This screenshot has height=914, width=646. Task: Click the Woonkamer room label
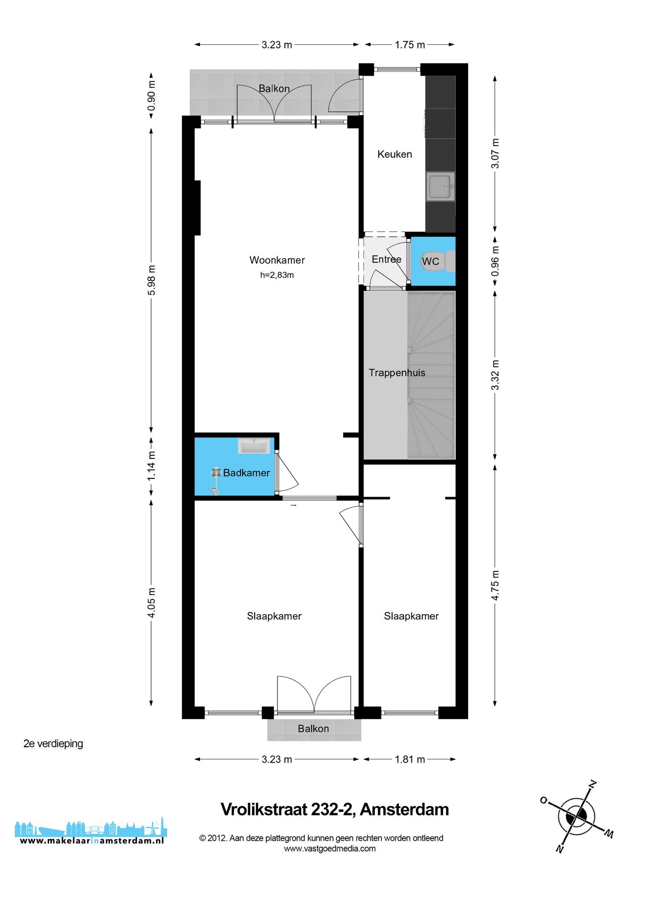pos(277,260)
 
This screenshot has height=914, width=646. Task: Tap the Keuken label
pos(395,154)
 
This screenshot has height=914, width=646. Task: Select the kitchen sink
pos(440,187)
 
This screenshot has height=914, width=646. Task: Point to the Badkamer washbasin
pos(254,446)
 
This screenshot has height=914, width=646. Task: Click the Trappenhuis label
pos(397,373)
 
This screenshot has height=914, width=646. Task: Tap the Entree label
pos(386,259)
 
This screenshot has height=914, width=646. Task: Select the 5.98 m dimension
pos(152,280)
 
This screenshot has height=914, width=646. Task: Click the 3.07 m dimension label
pos(495,153)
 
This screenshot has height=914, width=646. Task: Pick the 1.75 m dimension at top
pos(410,45)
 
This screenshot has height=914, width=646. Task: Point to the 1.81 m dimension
pos(410,759)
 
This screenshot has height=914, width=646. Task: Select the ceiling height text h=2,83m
pos(277,275)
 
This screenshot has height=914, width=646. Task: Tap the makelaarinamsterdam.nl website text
pos(92,841)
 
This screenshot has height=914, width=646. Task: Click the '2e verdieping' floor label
pos(53,744)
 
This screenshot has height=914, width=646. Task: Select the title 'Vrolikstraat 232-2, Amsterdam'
pos(335,810)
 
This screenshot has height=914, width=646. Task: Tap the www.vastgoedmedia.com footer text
pos(330,849)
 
